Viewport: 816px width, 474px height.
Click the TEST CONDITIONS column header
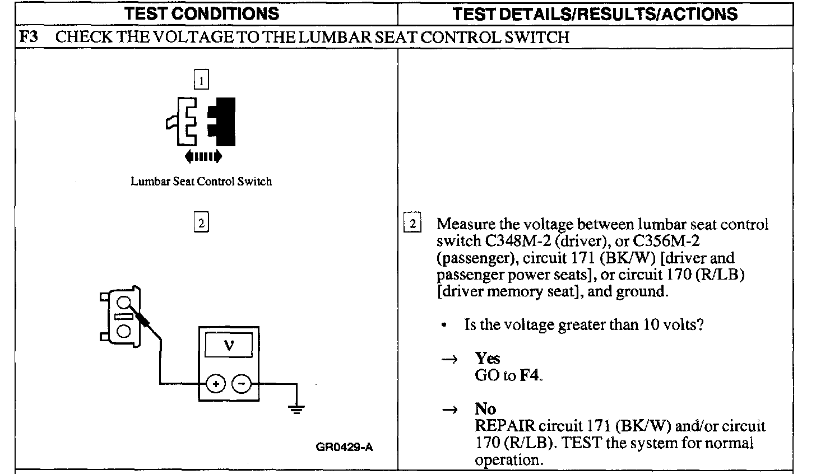[201, 13]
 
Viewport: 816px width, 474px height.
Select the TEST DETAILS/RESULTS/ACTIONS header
[595, 14]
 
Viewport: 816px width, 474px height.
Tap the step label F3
[29, 38]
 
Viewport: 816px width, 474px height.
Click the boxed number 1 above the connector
[201, 81]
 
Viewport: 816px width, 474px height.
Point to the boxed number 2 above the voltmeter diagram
[201, 223]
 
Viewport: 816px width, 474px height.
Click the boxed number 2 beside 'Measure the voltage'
[412, 224]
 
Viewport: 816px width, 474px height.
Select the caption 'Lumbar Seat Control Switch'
[201, 182]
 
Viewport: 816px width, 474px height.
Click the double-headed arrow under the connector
[203, 156]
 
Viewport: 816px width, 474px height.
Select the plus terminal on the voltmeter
[216, 384]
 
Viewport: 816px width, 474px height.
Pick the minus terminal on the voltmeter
[241, 384]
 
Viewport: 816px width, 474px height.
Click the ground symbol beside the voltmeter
[296, 407]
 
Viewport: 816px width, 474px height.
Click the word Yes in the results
[488, 358]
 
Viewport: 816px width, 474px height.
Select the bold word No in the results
[485, 408]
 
